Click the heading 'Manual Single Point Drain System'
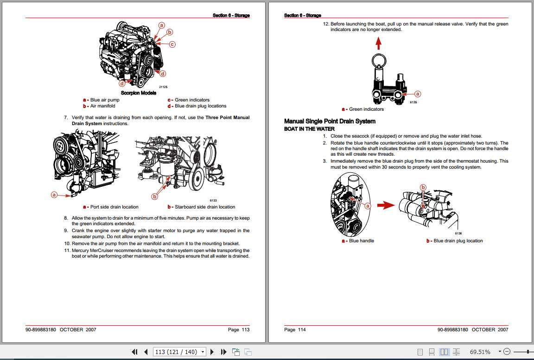click(x=330, y=121)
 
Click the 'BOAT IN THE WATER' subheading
click(x=309, y=129)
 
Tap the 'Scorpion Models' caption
click(x=139, y=93)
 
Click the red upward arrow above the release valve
click(x=378, y=43)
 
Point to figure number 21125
click(x=163, y=87)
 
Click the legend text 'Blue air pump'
click(x=104, y=100)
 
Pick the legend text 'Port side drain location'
click(x=114, y=207)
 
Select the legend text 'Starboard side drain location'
click(x=204, y=207)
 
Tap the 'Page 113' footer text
click(x=239, y=330)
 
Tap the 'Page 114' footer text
click(x=295, y=330)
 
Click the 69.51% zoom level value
click(x=480, y=352)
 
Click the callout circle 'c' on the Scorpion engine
click(x=172, y=44)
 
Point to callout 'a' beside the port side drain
click(x=54, y=195)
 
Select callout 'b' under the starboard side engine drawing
click(x=155, y=196)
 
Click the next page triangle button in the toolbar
click(x=212, y=352)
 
